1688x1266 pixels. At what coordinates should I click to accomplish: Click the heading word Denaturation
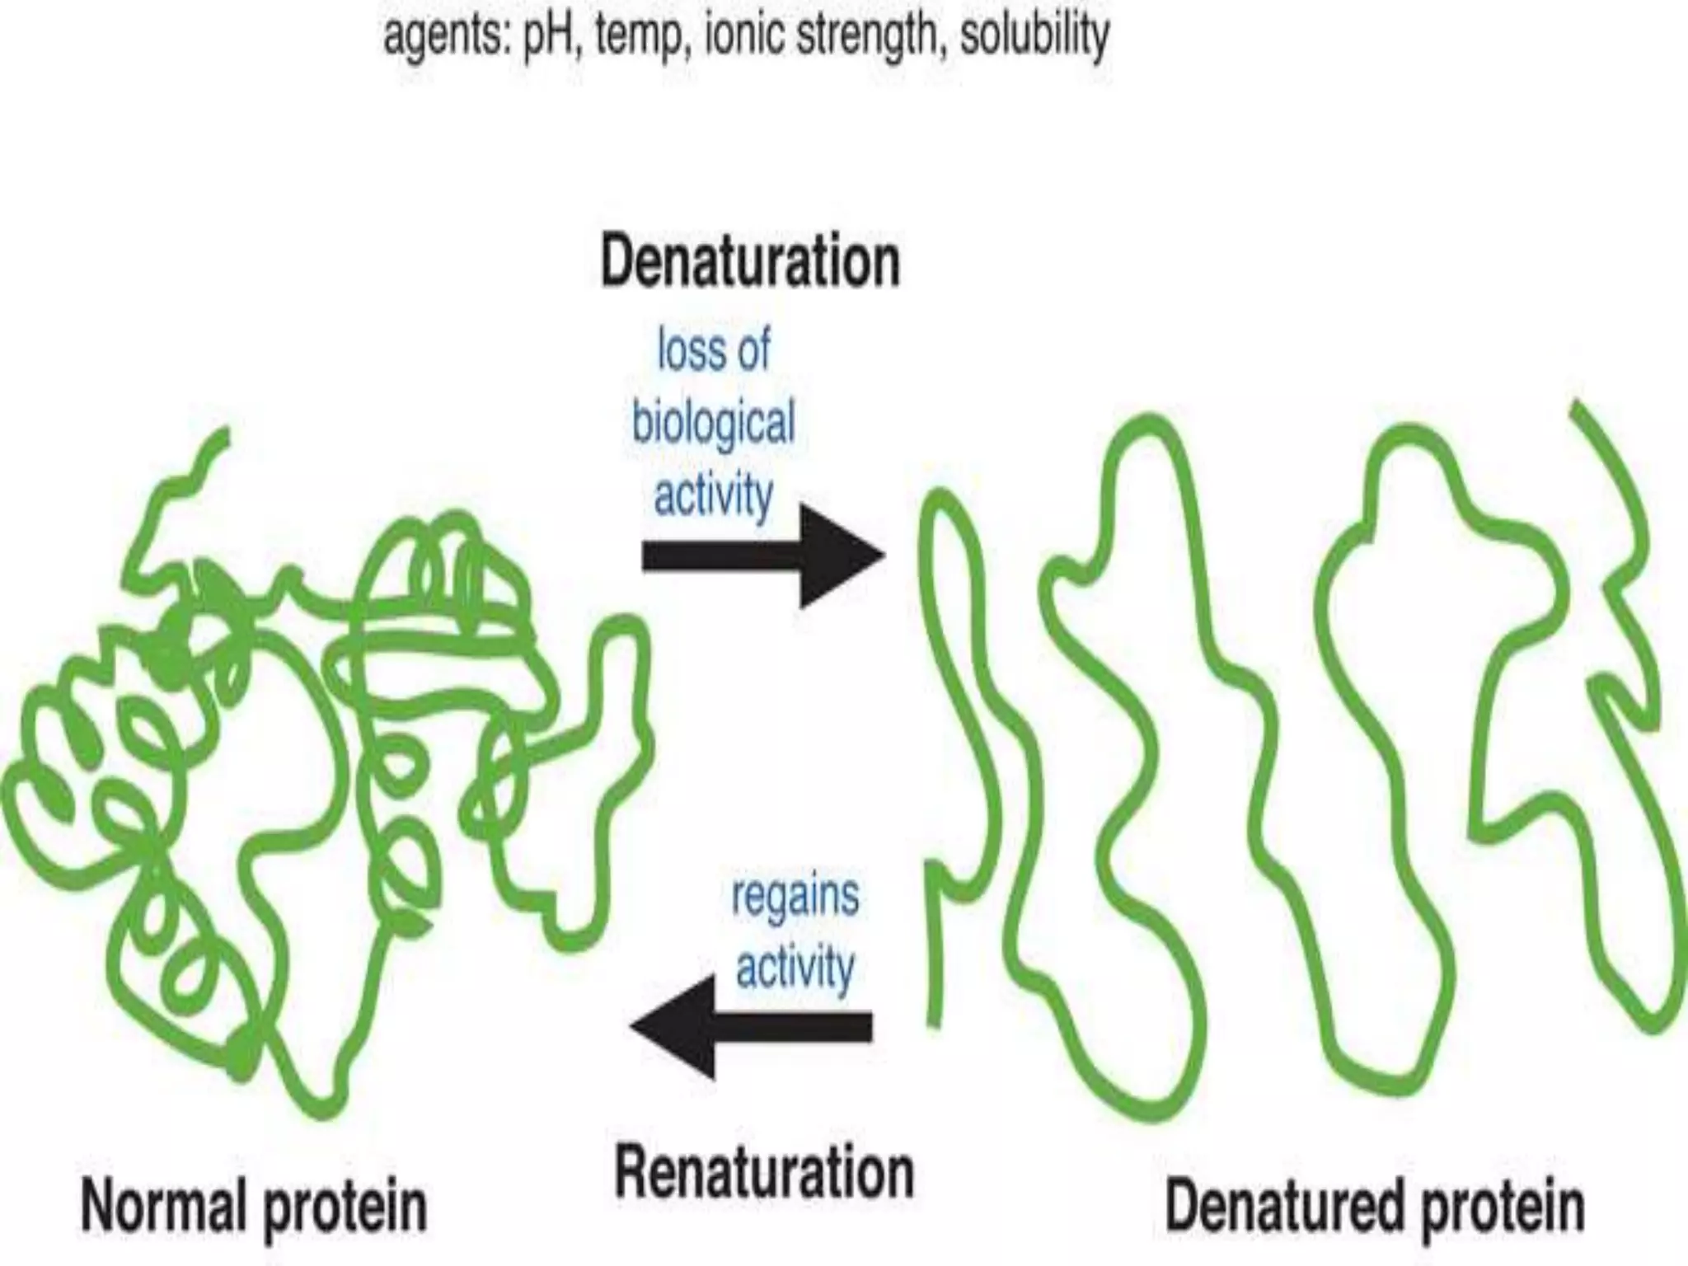[x=750, y=263]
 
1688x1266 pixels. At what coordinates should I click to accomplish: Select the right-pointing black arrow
[x=762, y=556]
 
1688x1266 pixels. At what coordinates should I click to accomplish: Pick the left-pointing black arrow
[x=750, y=1027]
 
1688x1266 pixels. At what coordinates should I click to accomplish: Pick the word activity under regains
[x=795, y=968]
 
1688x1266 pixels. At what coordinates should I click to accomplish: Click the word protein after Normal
[x=345, y=1208]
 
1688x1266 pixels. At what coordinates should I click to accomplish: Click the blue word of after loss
[x=753, y=350]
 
